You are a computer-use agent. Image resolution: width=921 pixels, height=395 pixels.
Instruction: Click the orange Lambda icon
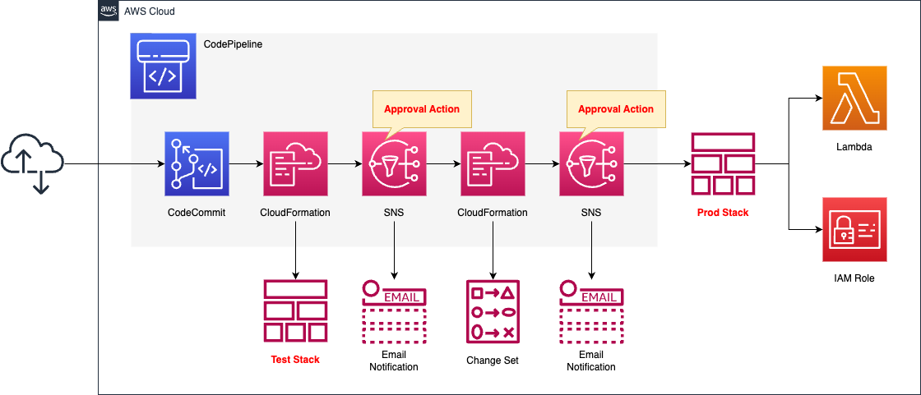pos(854,99)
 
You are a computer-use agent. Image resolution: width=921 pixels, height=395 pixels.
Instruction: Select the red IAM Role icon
pos(854,229)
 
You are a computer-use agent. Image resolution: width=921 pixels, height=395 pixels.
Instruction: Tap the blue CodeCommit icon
pos(197,163)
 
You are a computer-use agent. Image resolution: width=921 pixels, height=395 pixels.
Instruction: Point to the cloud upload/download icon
pos(32,164)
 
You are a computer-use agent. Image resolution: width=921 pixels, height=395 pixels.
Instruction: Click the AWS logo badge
pos(108,11)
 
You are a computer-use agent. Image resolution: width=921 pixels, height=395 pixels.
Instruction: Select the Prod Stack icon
pos(723,163)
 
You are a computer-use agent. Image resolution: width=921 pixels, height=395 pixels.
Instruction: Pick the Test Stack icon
pos(295,311)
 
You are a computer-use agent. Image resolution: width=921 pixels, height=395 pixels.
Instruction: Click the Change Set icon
pos(493,311)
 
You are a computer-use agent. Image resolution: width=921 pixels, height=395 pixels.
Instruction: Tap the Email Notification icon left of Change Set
pos(394,311)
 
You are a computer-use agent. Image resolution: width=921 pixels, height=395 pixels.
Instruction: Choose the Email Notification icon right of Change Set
pos(591,311)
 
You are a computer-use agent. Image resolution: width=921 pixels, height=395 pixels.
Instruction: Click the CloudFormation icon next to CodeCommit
pos(295,163)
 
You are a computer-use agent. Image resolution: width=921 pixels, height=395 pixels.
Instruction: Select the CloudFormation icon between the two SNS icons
pos(493,163)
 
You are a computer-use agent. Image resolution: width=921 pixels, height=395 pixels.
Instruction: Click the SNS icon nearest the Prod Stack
pos(591,163)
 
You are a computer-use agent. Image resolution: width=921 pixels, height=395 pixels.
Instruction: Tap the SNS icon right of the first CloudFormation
pos(394,163)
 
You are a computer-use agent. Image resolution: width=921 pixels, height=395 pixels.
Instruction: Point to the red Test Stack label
pos(295,359)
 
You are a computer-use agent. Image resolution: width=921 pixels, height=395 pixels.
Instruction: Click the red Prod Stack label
pos(723,213)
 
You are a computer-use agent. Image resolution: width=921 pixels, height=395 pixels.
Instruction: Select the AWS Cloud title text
pos(149,11)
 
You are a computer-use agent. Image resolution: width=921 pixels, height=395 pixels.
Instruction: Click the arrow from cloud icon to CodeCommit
pos(115,164)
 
